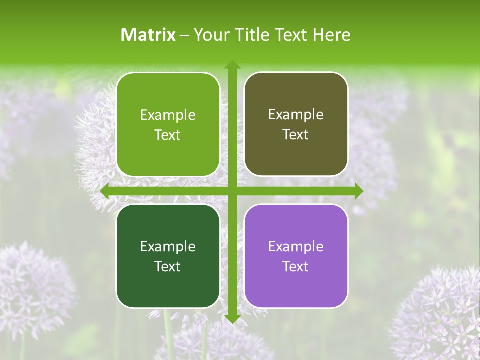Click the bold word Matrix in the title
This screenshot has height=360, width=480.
148,35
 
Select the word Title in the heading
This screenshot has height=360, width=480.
252,35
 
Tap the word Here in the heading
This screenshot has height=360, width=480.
332,35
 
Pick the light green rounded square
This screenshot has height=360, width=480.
168,124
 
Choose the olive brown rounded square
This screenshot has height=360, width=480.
296,124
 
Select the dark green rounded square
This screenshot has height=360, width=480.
168,256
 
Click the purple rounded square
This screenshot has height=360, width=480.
296,256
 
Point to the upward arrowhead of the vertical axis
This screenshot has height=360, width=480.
232,65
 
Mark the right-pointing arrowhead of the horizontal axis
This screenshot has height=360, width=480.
358,191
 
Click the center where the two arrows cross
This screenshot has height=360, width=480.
232,191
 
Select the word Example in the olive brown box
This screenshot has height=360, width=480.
296,114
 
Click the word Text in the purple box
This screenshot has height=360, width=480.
296,266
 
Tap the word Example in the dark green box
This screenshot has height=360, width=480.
168,246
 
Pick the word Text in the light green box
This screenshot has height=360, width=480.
168,135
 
